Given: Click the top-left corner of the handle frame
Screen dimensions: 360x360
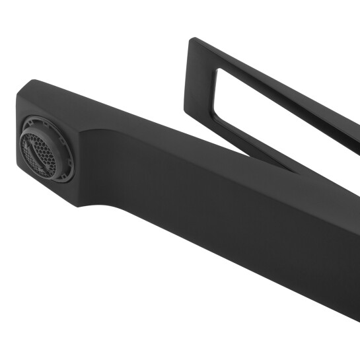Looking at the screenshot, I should tap(192, 40).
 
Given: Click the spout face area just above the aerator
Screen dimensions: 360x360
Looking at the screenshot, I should tap(40, 106).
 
